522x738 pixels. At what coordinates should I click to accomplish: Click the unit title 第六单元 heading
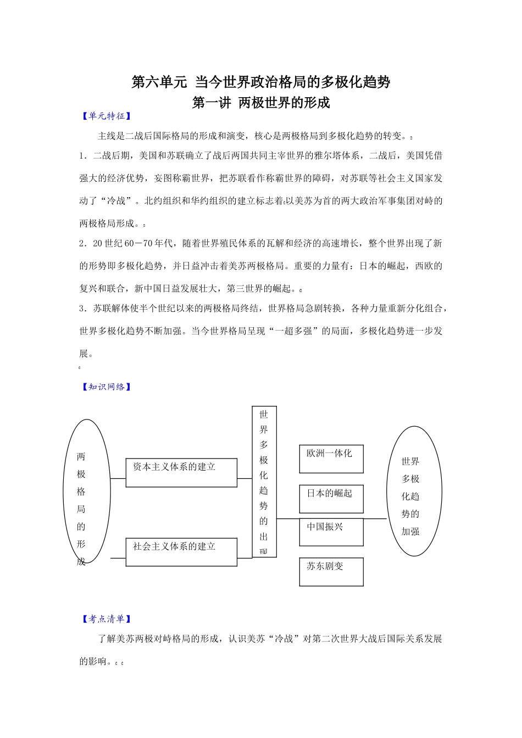point(260,82)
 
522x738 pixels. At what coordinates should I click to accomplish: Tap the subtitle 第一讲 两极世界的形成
point(260,103)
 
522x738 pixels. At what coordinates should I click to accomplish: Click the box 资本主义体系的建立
point(181,472)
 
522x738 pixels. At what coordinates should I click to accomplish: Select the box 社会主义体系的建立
point(181,552)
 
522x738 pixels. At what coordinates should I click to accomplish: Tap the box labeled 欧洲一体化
point(331,459)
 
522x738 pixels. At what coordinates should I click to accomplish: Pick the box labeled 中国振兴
point(331,532)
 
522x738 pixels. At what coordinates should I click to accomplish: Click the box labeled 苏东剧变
point(331,572)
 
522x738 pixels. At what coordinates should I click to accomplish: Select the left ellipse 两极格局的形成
point(86,491)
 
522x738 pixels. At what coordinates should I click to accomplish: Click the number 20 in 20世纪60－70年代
point(98,243)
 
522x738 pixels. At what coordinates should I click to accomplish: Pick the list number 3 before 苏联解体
point(82,309)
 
